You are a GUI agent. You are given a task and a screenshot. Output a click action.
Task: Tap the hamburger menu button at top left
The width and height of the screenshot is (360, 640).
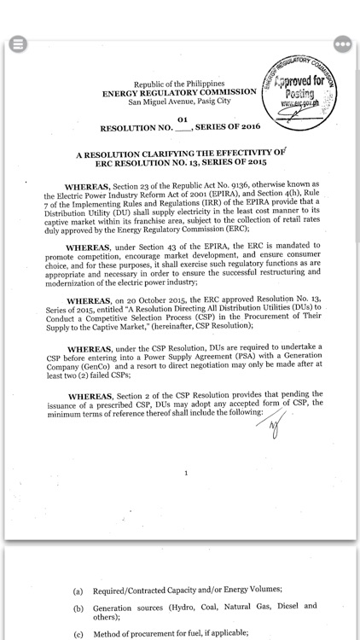[16, 44]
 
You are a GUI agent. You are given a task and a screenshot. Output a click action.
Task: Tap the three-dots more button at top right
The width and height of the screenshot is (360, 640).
[343, 44]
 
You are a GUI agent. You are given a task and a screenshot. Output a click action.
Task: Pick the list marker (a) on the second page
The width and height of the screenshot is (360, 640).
[78, 591]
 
